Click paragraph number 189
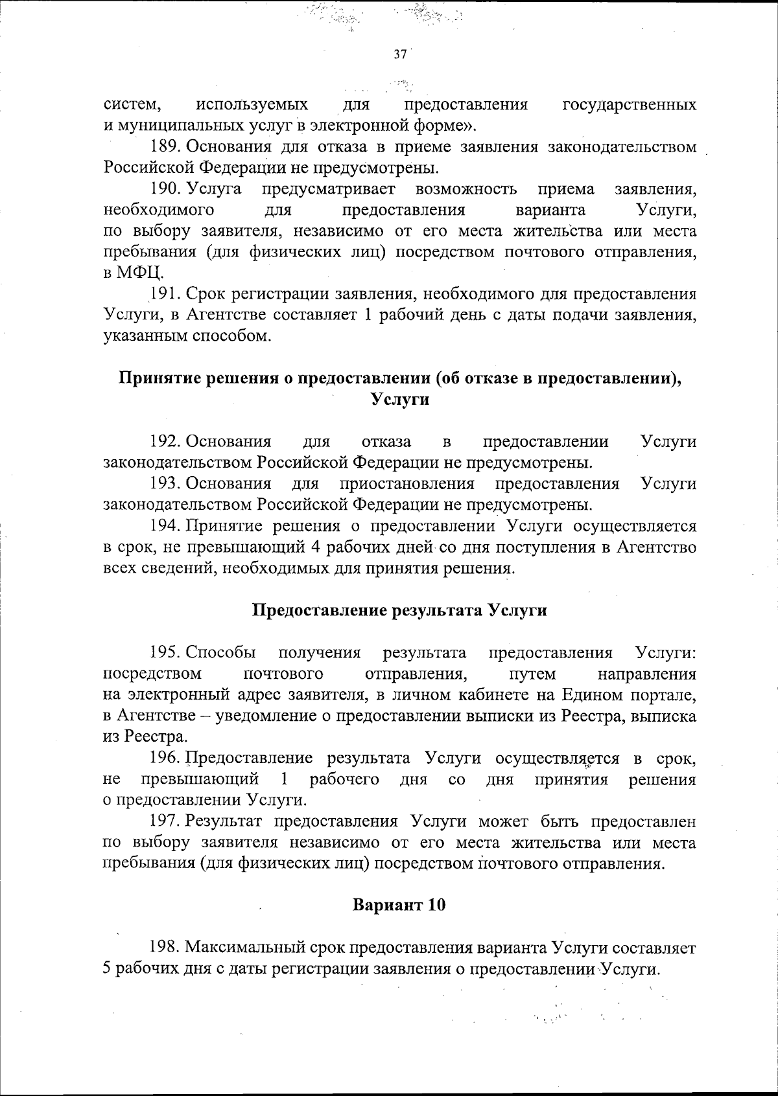(x=165, y=147)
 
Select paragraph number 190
(x=165, y=189)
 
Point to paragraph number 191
(x=165, y=295)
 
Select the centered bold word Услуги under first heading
(x=399, y=400)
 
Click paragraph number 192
(x=165, y=442)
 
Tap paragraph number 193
(x=165, y=484)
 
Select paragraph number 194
(x=165, y=526)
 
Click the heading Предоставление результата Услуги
(x=399, y=610)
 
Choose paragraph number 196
(x=165, y=759)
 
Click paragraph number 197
(x=165, y=821)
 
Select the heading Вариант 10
(x=399, y=905)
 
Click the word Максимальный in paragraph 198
(x=265, y=948)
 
